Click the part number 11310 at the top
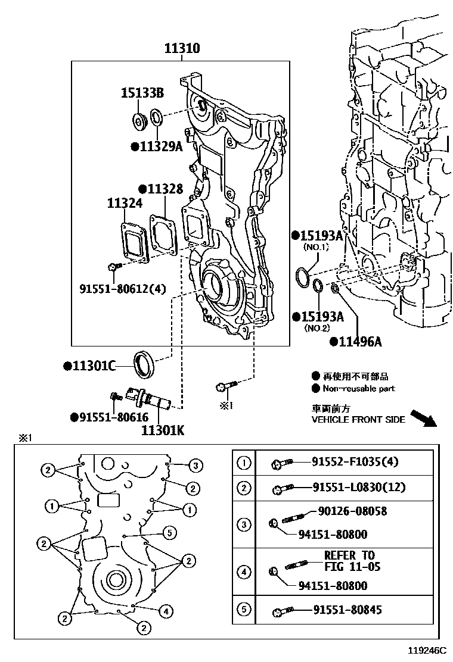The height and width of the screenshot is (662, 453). pos(182,49)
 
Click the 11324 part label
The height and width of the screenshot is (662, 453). pos(125,204)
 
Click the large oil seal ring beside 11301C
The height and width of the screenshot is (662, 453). pos(144,364)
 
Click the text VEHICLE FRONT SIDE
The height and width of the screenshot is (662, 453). pos(358,419)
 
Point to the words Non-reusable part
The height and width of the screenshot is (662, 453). pos(358,388)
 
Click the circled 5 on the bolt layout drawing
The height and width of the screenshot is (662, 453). pos(169,532)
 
